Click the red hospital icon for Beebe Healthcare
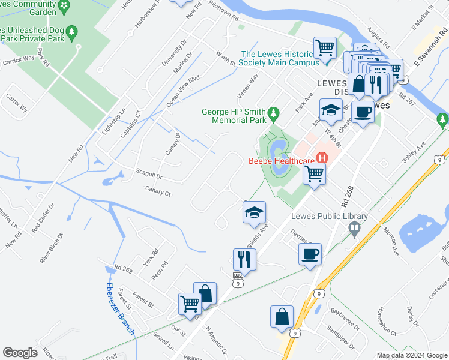tap(322, 158)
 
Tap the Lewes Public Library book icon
tap(355, 227)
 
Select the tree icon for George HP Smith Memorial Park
tap(274, 112)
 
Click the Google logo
tap(20, 353)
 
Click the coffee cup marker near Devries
tap(310, 254)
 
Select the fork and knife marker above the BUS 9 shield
tap(244, 259)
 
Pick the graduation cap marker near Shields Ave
tap(254, 212)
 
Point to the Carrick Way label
tap(17, 59)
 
